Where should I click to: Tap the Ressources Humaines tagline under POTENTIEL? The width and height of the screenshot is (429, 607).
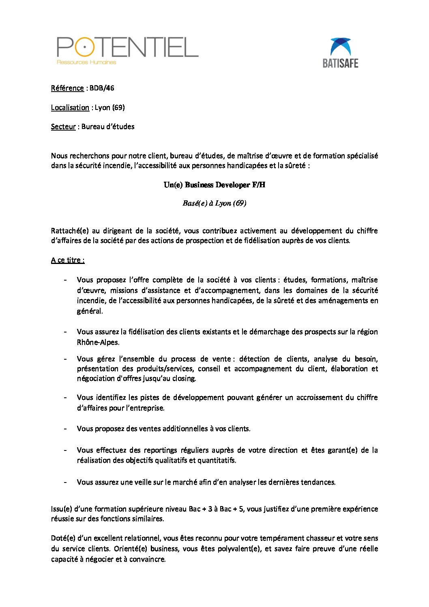(86, 62)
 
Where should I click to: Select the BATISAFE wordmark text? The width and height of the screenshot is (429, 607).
(340, 63)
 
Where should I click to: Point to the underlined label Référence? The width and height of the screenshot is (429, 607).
(67, 88)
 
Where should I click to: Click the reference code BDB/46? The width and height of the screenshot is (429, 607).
(102, 88)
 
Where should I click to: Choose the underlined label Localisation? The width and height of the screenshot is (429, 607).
(70, 107)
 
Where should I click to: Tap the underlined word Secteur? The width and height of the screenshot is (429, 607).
(63, 127)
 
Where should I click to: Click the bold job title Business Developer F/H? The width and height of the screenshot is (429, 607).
(225, 185)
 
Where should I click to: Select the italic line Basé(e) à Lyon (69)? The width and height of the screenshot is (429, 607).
(214, 203)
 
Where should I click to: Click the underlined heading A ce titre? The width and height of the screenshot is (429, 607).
(68, 260)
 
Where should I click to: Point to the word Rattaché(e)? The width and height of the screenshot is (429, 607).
(70, 231)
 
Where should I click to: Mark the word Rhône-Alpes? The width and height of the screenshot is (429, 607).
(98, 342)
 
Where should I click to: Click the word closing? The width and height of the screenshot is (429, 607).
(184, 378)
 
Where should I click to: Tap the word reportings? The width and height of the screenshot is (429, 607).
(161, 450)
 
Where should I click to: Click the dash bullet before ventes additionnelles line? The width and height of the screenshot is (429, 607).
(65, 429)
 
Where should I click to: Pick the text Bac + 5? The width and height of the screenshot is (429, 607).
(232, 509)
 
